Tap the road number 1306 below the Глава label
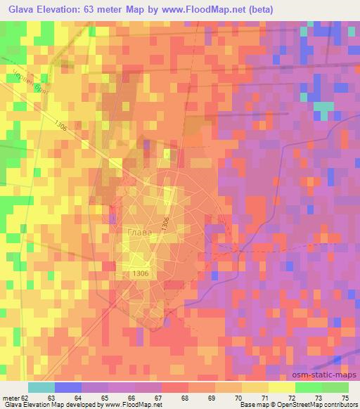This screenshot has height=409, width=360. click(141, 274)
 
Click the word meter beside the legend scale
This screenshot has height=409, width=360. click(11, 397)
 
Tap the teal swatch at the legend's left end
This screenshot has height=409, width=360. click(41, 387)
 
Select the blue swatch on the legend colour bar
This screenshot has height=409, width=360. click(68, 387)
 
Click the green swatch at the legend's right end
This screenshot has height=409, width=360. click(335, 387)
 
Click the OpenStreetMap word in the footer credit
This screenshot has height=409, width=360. click(295, 405)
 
